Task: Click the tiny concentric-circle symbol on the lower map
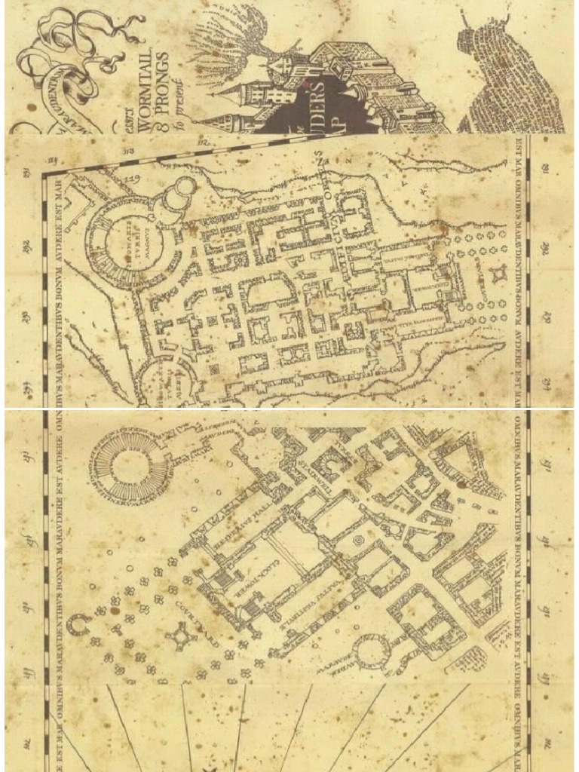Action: point(358,541)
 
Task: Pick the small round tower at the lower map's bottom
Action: point(372,651)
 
